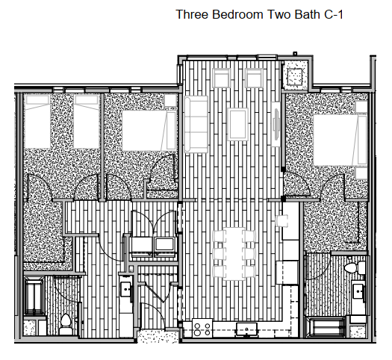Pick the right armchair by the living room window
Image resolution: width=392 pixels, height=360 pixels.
point(255,78)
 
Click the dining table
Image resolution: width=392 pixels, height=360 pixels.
point(234,251)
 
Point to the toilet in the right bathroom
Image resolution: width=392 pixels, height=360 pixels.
point(355,266)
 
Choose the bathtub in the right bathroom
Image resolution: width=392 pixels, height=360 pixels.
point(328,326)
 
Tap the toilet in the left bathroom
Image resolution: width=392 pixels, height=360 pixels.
point(66,323)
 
